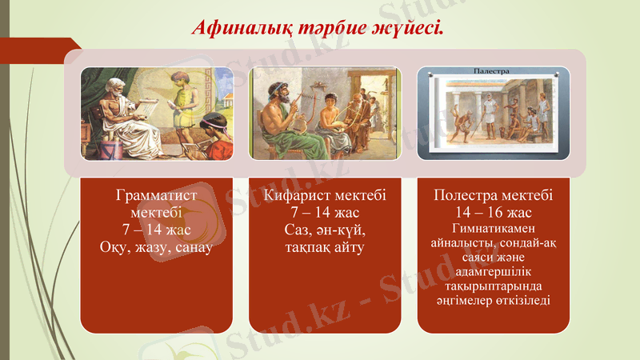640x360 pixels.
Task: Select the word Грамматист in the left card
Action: click(x=157, y=195)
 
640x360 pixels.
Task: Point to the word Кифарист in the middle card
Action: click(x=296, y=195)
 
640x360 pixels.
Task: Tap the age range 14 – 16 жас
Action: click(x=494, y=213)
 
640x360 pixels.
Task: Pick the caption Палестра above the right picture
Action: click(x=492, y=71)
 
